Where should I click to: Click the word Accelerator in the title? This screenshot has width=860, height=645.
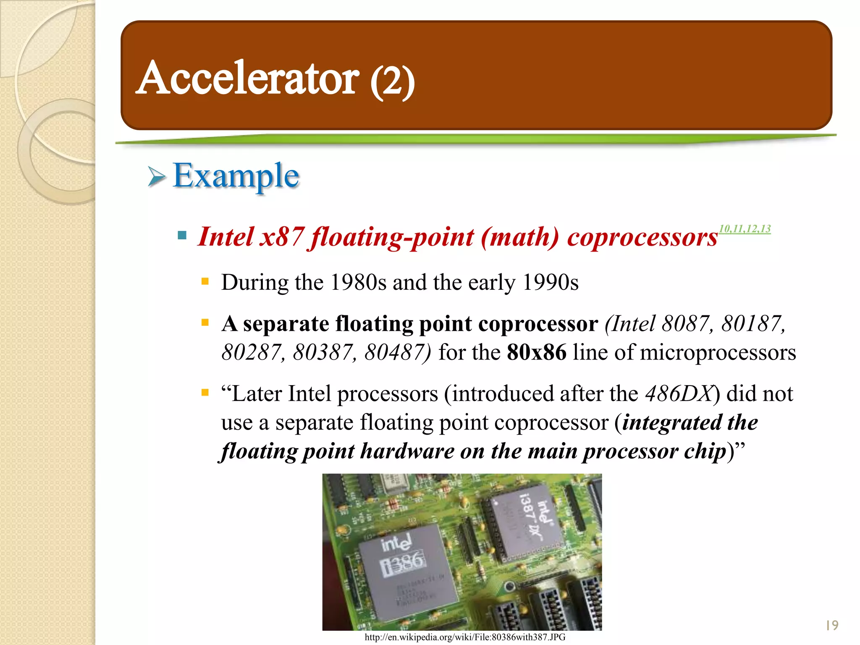point(248,78)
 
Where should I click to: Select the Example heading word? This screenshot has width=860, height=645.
point(236,176)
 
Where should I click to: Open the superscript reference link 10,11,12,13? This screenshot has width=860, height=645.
point(745,229)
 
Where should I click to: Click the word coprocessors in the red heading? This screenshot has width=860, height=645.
point(642,237)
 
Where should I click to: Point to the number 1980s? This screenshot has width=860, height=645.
point(358,282)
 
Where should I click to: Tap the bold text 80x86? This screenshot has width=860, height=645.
point(536,352)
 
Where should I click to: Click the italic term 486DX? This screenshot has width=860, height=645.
point(679,394)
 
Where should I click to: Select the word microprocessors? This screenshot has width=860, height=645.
point(718,352)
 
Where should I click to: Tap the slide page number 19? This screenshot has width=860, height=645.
point(831,626)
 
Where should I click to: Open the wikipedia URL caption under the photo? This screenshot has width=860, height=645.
point(465,637)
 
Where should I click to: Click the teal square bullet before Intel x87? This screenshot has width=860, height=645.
point(182,235)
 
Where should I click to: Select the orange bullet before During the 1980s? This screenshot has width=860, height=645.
point(205,281)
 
